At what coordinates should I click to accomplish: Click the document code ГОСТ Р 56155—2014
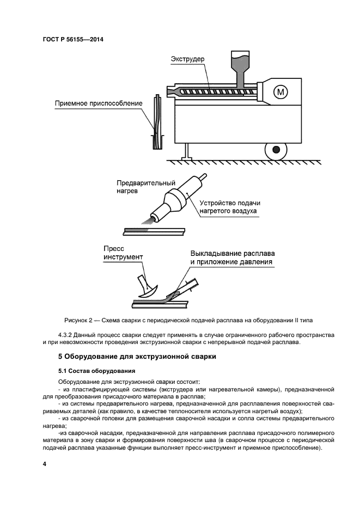[73, 39]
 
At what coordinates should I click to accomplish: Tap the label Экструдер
[188, 58]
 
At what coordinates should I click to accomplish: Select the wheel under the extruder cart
[277, 149]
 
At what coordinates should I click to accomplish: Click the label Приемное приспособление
[99, 103]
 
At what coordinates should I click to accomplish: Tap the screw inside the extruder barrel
[218, 92]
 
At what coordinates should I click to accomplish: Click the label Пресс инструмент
[123, 253]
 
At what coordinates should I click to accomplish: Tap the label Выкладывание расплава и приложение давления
[232, 257]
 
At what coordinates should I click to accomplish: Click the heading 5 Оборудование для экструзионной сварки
[137, 357]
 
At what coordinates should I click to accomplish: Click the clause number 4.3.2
[66, 334]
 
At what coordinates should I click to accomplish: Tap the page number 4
[45, 463]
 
